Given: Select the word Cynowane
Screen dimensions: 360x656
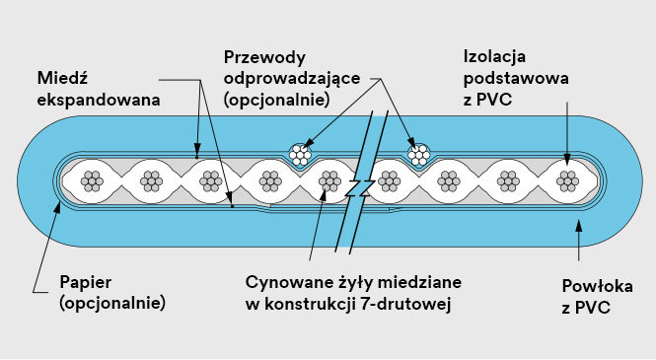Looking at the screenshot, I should (287, 282).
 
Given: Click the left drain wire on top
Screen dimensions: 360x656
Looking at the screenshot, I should (300, 154).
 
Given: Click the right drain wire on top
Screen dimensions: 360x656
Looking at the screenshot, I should (419, 154).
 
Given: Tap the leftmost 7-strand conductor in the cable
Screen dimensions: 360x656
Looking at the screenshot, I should (93, 180).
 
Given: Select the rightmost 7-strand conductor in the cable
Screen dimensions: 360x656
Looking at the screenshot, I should (567, 180).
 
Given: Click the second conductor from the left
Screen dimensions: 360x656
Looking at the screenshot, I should (151, 180).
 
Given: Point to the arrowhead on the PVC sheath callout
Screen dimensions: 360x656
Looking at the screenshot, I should (578, 225).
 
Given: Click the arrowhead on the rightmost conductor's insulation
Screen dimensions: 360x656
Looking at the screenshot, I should (567, 157).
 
